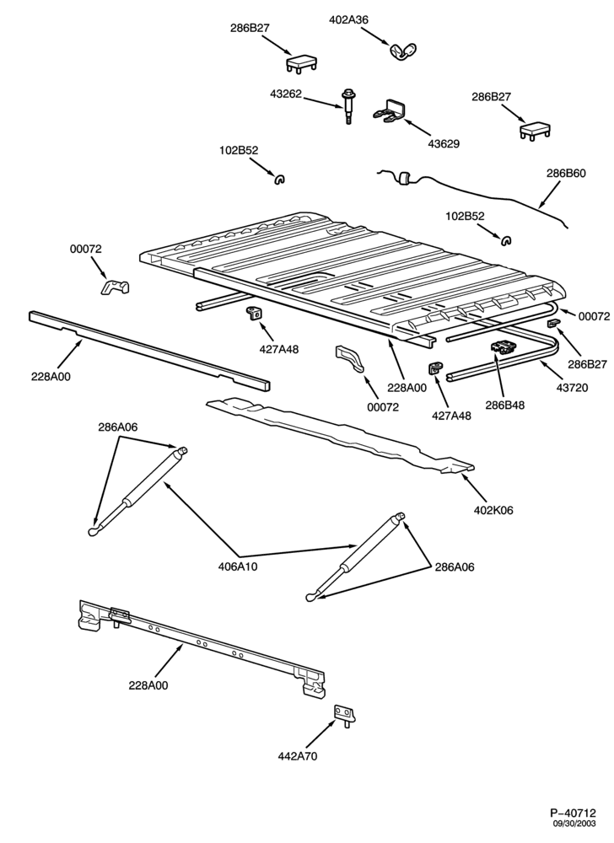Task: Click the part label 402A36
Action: coord(348,20)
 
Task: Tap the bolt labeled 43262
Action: coord(346,108)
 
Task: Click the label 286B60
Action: coord(566,173)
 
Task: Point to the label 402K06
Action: coord(493,510)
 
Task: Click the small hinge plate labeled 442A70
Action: coord(346,717)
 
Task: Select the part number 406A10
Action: coord(238,566)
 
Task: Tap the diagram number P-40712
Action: coord(574,813)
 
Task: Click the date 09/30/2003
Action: coord(575,823)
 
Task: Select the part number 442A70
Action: coord(298,756)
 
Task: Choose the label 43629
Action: coord(444,144)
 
